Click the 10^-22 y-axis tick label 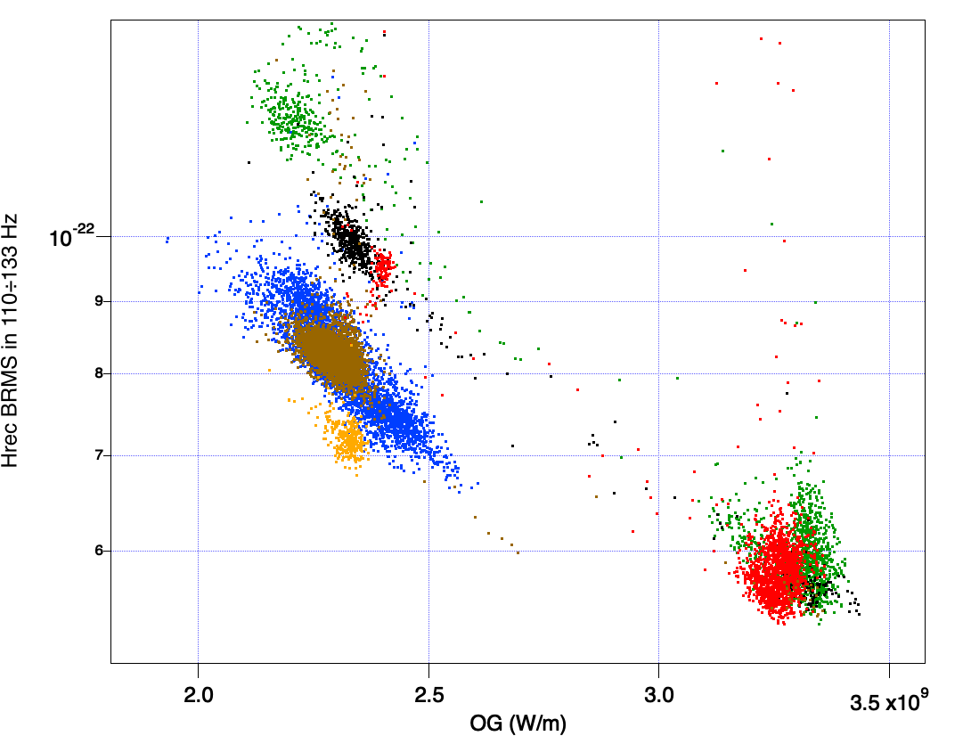pos(72,238)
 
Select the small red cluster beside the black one pos(384,266)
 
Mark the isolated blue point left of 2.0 pos(167,240)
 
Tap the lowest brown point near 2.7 pos(518,552)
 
